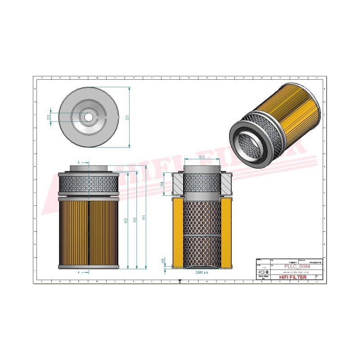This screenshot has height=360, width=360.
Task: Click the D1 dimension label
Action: coord(127,117)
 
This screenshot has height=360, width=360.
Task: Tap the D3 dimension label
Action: coord(48,117)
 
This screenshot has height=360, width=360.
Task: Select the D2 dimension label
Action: coord(202,157)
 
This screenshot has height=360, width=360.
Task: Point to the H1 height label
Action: coord(144,217)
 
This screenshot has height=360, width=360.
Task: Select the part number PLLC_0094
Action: coord(297,266)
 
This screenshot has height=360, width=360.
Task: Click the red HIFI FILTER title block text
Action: coord(293,277)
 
